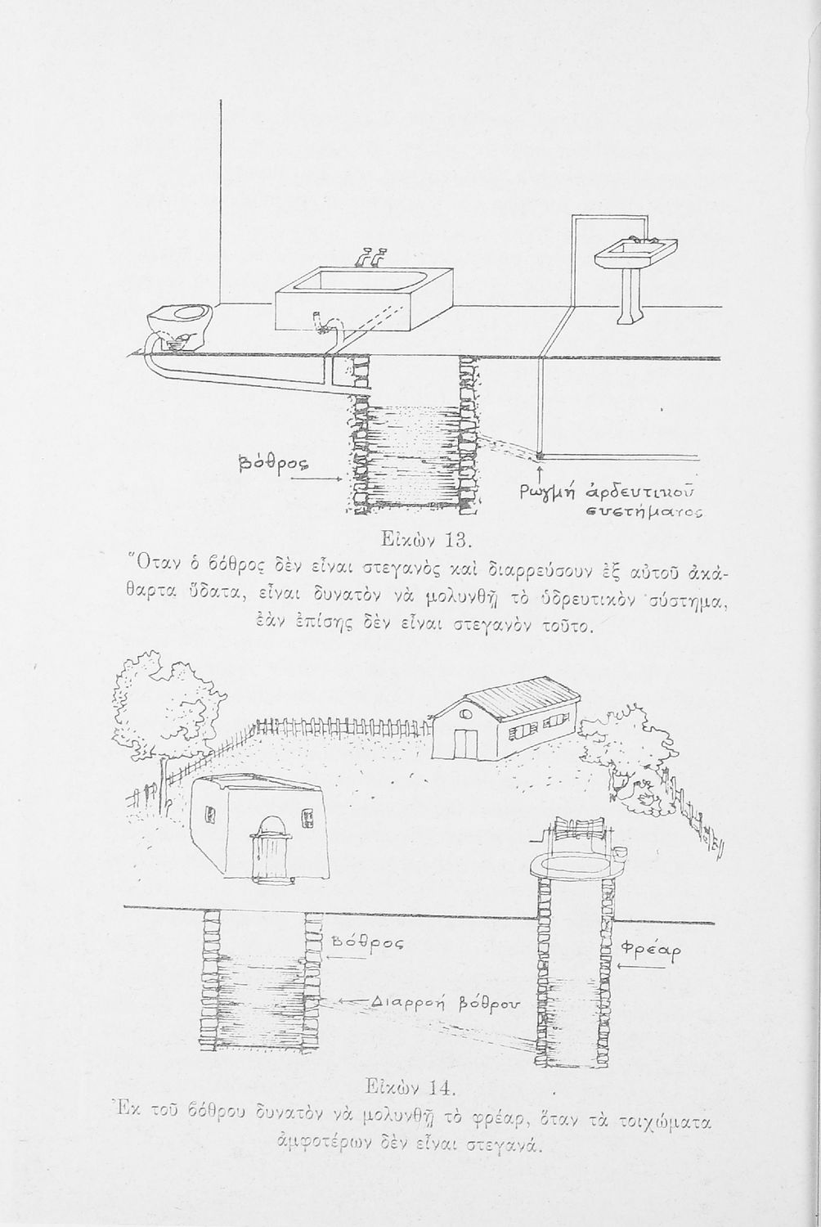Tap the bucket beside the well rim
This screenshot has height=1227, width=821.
(x=619, y=856)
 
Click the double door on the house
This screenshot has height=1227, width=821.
(x=465, y=743)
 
